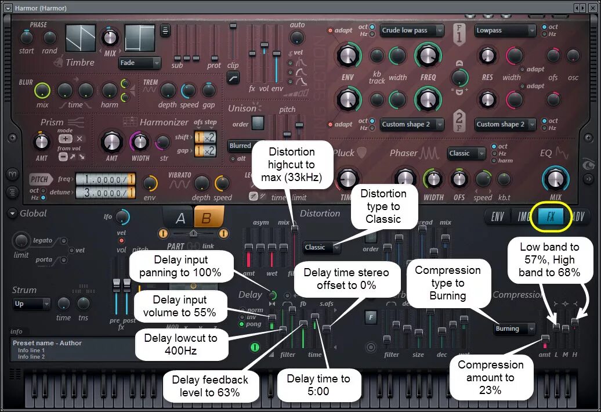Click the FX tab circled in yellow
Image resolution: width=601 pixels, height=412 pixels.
pos(551,217)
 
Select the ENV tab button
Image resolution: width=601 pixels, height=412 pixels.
pos(498,217)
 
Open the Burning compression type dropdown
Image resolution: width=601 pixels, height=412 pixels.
pos(515,328)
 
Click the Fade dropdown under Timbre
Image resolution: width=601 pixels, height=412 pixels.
pos(140,63)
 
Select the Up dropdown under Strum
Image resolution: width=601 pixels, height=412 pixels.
pos(32,303)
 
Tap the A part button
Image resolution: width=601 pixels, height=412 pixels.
pos(180,218)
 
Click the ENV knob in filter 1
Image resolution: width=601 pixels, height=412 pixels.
pos(347,56)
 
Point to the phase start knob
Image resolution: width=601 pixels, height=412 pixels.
pos(27,37)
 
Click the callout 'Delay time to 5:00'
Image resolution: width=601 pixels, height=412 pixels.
pos(318,385)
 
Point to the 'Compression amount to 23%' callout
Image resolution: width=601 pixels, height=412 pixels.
pos(490,377)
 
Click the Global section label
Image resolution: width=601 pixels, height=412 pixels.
pos(33,213)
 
